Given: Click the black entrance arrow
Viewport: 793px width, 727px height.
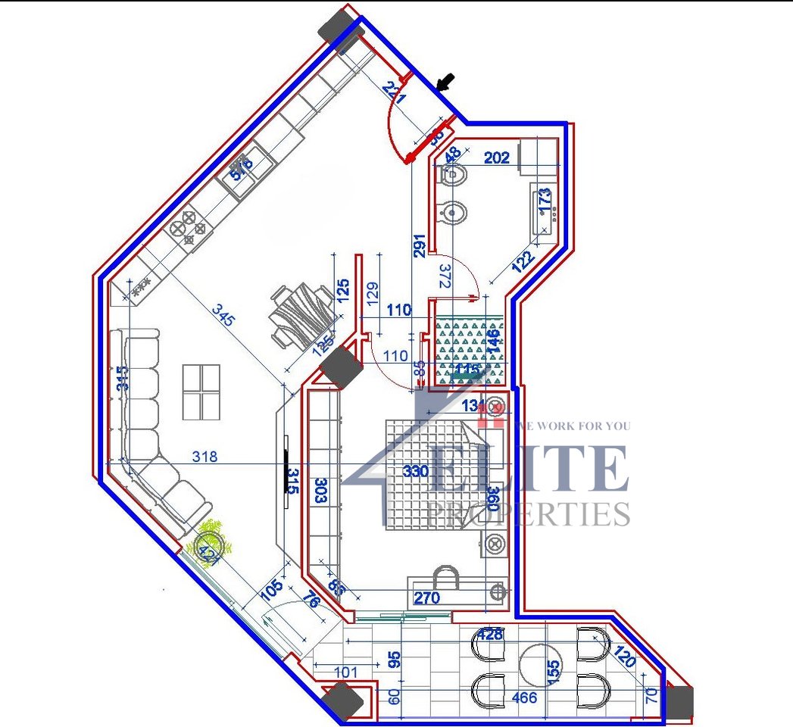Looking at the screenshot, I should tap(448, 81).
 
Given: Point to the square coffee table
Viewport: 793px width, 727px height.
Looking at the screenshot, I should tap(201, 392).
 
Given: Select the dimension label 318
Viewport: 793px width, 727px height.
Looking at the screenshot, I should tap(204, 457).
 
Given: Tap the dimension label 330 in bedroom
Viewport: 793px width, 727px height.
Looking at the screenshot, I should tap(415, 471).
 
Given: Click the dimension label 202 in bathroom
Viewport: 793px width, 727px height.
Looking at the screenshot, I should tap(496, 158).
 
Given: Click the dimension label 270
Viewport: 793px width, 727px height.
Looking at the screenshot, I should tap(426, 598).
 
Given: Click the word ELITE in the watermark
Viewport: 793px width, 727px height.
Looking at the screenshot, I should tap(530, 470).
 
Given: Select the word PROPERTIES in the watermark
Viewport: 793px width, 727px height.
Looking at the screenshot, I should tap(528, 514).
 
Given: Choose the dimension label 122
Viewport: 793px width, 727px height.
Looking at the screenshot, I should tap(523, 260).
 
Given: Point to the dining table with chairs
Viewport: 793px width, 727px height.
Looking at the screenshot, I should tap(300, 317).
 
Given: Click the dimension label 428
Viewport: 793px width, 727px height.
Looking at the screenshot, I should tap(490, 635).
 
